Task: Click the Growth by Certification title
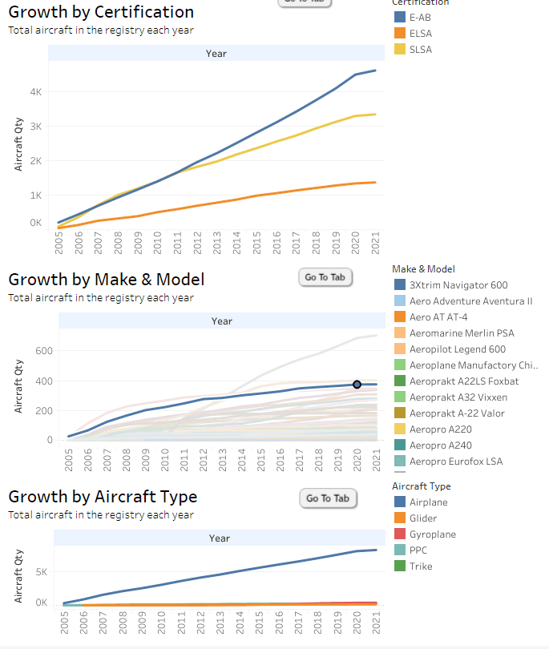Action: [101, 12]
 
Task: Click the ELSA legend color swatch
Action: [399, 34]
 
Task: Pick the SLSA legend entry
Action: [422, 50]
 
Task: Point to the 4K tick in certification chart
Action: [36, 92]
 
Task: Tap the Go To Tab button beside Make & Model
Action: [325, 277]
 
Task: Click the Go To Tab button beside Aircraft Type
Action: [328, 498]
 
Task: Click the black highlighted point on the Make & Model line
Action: [357, 385]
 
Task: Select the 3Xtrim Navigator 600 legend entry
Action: [458, 285]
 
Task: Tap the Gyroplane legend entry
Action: [433, 534]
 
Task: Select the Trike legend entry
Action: [421, 566]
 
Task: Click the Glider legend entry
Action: [423, 518]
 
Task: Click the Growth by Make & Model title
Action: [106, 280]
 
